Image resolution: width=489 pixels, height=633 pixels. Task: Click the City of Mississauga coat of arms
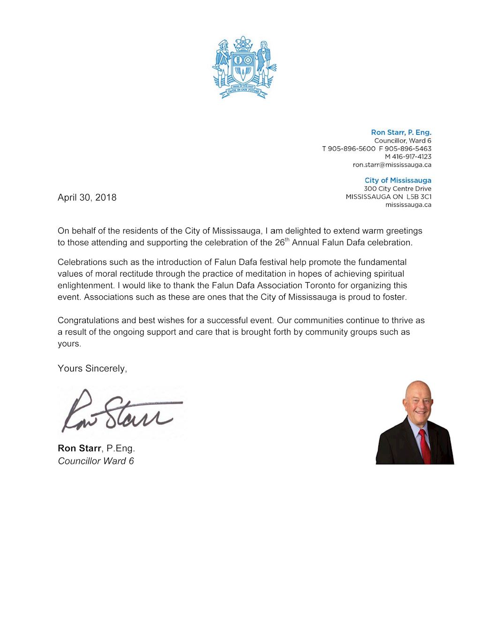point(244,67)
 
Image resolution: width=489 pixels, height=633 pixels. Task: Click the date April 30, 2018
point(87,197)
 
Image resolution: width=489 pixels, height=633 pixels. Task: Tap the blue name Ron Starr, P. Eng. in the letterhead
point(401,133)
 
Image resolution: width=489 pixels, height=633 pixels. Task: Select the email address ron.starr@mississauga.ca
point(392,165)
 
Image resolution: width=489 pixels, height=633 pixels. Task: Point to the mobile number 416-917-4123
point(411,157)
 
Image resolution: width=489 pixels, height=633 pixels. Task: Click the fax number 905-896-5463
point(408,149)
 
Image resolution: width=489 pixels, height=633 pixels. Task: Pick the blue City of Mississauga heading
point(398,181)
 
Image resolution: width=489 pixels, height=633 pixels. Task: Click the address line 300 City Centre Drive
point(398,188)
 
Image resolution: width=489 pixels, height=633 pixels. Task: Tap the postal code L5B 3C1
point(419,196)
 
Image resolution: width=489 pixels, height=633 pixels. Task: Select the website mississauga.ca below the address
point(408,204)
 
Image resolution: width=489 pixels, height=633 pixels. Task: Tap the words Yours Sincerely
point(92,369)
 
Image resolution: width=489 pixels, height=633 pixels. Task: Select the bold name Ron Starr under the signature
point(79,448)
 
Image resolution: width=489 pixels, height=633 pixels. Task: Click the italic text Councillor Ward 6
point(96,461)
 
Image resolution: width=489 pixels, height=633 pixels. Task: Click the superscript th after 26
point(287,240)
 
